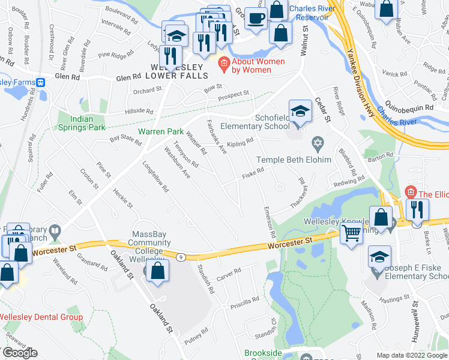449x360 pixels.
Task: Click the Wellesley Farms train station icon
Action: pyautogui.click(x=40, y=82)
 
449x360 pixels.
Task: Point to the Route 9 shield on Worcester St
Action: pyautogui.click(x=180, y=257)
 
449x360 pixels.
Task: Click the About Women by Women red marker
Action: pyautogui.click(x=224, y=62)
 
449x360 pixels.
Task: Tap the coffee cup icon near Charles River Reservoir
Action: pyautogui.click(x=256, y=19)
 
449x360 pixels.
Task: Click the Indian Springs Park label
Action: pyautogui.click(x=82, y=123)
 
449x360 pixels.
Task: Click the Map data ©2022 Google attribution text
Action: pyautogui.click(x=411, y=355)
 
